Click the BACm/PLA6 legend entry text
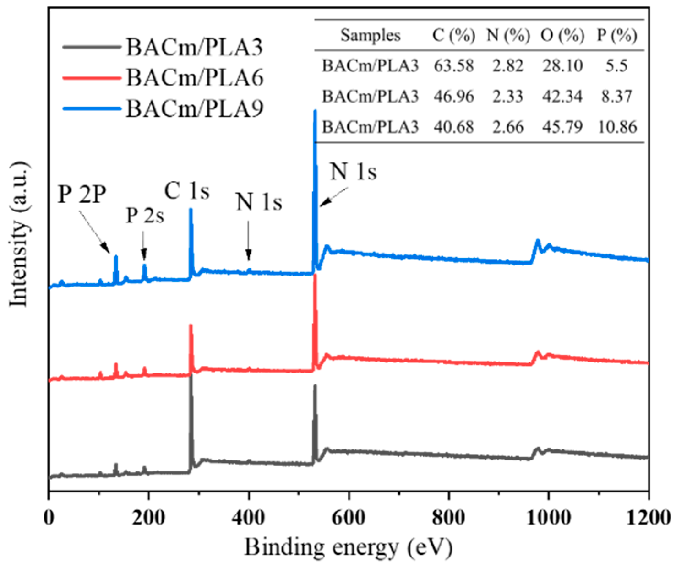[195, 77]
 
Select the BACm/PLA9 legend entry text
[195, 108]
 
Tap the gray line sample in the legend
[92, 47]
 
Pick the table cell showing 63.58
[453, 65]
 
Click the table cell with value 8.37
[616, 96]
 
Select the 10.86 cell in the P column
[616, 126]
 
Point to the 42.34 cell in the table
[562, 96]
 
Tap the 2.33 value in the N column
[507, 96]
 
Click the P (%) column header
[616, 35]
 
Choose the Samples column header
[370, 35]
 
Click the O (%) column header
[562, 35]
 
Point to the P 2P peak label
[82, 195]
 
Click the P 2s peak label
[145, 215]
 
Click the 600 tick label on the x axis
[349, 517]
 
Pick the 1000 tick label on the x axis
[548, 517]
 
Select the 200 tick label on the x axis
[148, 517]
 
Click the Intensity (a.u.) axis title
[19, 234]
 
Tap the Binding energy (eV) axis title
[348, 547]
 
